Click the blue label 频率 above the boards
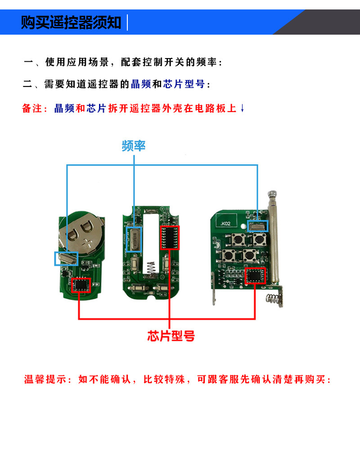tap(134, 146)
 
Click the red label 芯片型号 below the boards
tap(171, 336)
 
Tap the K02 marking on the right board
tap(226, 224)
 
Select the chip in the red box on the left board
tap(81, 285)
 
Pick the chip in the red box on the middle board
tap(170, 238)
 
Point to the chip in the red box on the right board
tap(255, 275)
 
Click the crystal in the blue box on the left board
tap(67, 258)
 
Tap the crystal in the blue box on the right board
tap(258, 226)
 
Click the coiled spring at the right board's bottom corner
tap(274, 299)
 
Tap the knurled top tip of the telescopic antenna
tap(272, 195)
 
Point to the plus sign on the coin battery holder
tap(88, 244)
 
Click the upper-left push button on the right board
tap(238, 239)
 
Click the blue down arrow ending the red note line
tap(242, 108)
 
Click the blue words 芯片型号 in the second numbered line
tap(184, 84)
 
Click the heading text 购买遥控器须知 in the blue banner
tap(71, 23)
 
